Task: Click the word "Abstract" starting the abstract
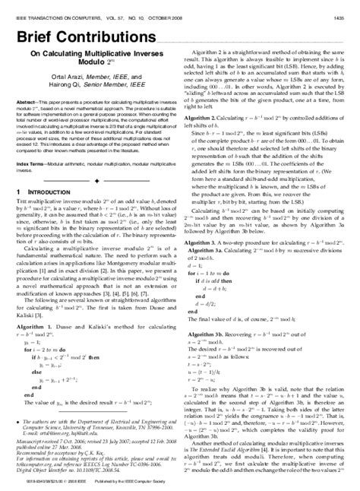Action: click(x=28, y=101)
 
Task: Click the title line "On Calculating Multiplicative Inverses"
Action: click(x=96, y=55)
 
